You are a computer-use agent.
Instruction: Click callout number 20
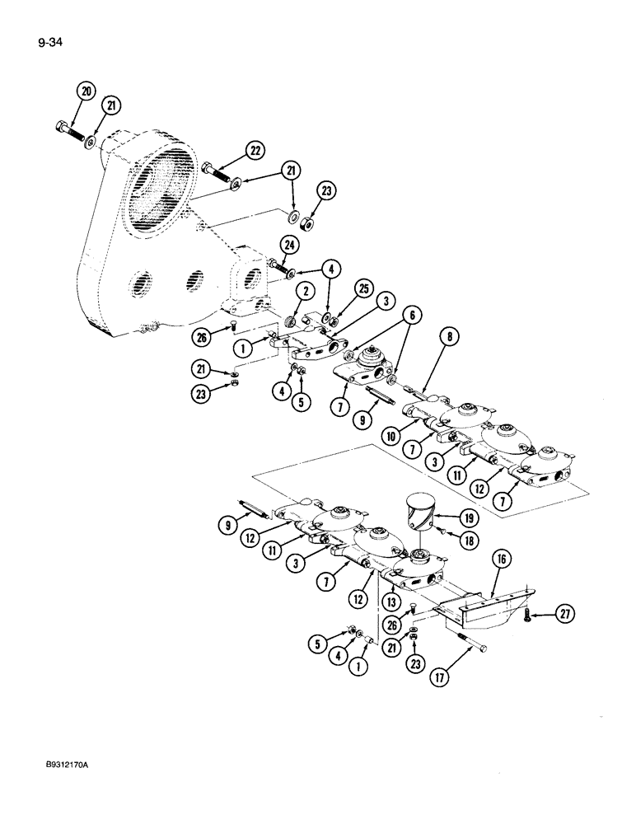click(x=86, y=93)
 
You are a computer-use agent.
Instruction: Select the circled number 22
click(x=256, y=150)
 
